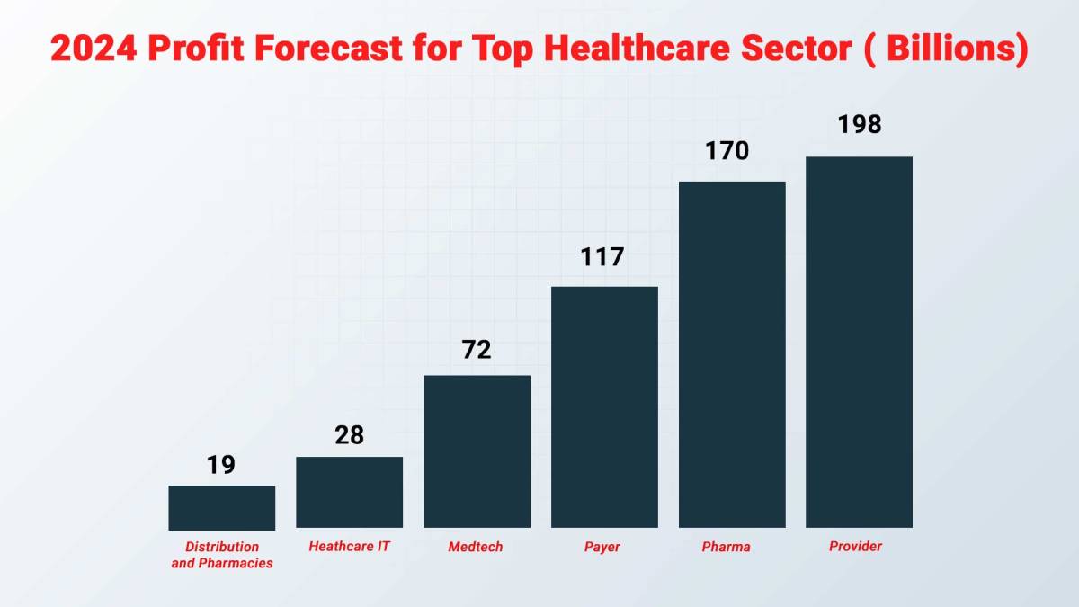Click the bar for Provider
pos(859,342)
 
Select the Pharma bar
pos(732,354)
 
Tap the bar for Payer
pos(604,406)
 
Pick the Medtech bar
pos(477,451)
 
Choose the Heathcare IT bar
pos(349,492)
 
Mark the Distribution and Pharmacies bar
pos(221,507)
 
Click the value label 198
pos(859,125)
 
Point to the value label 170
pos(727,150)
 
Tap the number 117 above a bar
pos(602,257)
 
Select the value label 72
pos(477,350)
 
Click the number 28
pos(349,435)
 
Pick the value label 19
pos(220,465)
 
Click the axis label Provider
pos(855,546)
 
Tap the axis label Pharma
pos(726,547)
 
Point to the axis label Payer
pos(601,547)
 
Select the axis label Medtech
pos(476,547)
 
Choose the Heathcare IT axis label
pos(349,546)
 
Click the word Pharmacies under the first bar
pos(238,563)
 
